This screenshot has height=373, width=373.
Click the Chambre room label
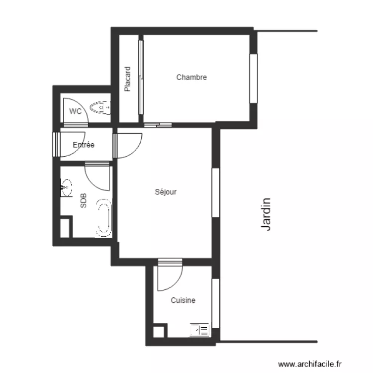191,77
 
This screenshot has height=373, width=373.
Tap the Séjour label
166,192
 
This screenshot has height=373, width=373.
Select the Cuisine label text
183,300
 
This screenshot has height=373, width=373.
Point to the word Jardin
266,214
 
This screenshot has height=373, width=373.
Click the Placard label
127,79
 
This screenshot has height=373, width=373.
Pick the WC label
75,111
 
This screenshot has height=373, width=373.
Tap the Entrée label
84,145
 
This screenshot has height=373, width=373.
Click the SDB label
84,201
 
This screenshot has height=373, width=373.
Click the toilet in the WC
100,107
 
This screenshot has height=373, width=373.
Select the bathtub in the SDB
104,218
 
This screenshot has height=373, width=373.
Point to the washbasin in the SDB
66,187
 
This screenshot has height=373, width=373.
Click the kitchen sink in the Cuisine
199,330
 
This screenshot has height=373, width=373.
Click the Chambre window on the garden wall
253,79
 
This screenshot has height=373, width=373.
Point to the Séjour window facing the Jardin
216,192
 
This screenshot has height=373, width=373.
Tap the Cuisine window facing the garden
216,303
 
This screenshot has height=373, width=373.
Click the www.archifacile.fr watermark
310,364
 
